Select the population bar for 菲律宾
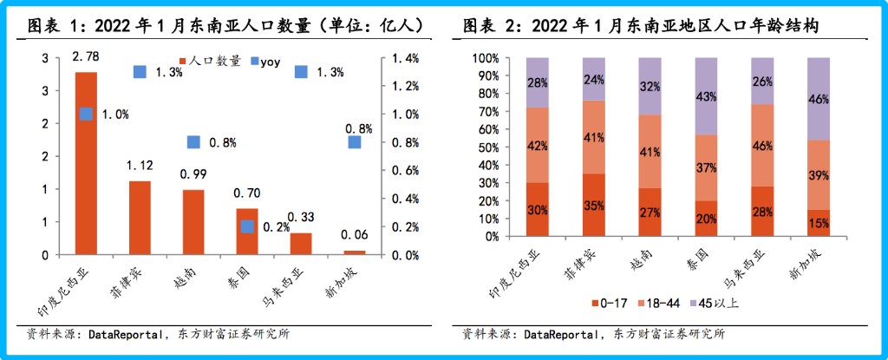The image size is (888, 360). (140, 218)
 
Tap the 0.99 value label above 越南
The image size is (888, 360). (193, 174)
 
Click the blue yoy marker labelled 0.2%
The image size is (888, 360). (247, 226)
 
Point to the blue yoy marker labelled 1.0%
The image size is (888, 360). (86, 114)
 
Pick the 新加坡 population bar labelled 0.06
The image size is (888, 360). (354, 252)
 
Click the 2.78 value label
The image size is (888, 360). (86, 56)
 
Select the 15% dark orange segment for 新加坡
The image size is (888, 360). (819, 223)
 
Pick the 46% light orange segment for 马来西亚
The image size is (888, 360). (762, 145)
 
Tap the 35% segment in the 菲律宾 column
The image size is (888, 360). (594, 205)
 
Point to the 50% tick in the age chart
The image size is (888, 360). (486, 147)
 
